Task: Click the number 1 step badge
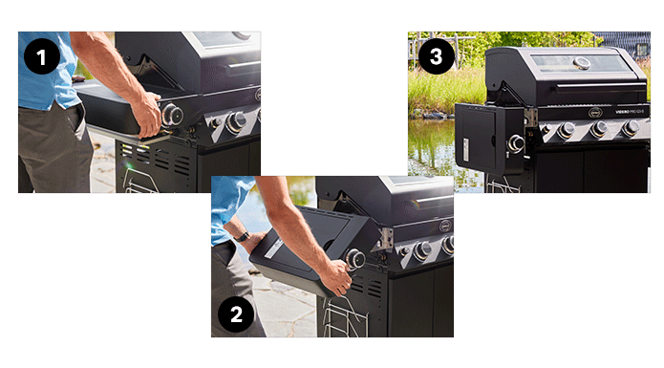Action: pyautogui.click(x=40, y=56)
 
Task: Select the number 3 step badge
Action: pyautogui.click(x=437, y=56)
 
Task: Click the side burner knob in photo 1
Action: pyautogui.click(x=174, y=115)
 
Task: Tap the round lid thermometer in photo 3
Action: pyautogui.click(x=582, y=63)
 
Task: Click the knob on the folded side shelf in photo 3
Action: pyautogui.click(x=517, y=143)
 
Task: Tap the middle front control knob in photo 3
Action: pyautogui.click(x=598, y=129)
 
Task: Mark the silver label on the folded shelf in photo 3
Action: pyautogui.click(x=467, y=150)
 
